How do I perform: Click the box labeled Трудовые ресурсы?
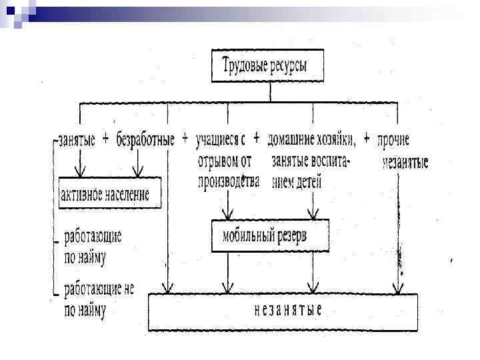coord(271,65)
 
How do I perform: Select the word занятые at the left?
coord(77,140)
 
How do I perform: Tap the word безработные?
coord(145,140)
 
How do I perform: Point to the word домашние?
coord(291,140)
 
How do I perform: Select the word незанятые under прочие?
coord(405,162)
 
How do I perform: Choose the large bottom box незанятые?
coord(283,311)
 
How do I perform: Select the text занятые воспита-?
coord(311,161)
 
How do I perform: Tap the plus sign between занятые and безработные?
coord(107,139)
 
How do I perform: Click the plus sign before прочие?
coord(367,139)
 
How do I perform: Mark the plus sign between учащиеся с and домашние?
coord(256,139)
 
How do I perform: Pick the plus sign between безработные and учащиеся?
coord(185,139)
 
